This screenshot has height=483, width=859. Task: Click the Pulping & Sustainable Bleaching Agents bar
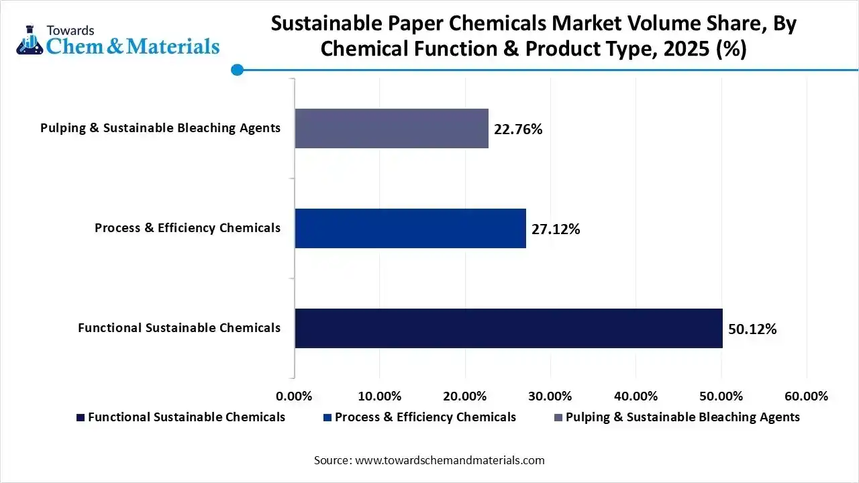click(391, 128)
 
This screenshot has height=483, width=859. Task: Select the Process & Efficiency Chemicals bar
click(410, 228)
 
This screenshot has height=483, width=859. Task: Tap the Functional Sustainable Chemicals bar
click(508, 328)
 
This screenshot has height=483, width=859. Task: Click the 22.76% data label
click(518, 129)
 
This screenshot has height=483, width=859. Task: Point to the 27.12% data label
click(556, 229)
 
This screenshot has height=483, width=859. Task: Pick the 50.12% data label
click(752, 329)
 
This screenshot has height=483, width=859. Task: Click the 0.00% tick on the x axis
click(295, 396)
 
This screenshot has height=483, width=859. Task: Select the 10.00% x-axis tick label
click(380, 396)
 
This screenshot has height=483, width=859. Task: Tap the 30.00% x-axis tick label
click(550, 396)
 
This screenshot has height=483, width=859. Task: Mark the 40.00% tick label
click(636, 396)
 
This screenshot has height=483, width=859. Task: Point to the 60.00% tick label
click(806, 396)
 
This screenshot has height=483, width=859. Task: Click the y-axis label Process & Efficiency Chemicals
click(187, 228)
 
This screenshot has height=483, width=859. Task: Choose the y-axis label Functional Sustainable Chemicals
click(179, 328)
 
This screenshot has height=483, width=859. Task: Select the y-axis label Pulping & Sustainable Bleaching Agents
click(160, 128)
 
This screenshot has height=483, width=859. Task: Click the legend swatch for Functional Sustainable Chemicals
click(81, 417)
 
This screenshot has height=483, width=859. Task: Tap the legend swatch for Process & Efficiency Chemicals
click(327, 417)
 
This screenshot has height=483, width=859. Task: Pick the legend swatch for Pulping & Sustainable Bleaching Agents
click(558, 417)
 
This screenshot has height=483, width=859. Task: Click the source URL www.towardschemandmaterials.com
click(449, 460)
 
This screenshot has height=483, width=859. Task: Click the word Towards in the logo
click(70, 30)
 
